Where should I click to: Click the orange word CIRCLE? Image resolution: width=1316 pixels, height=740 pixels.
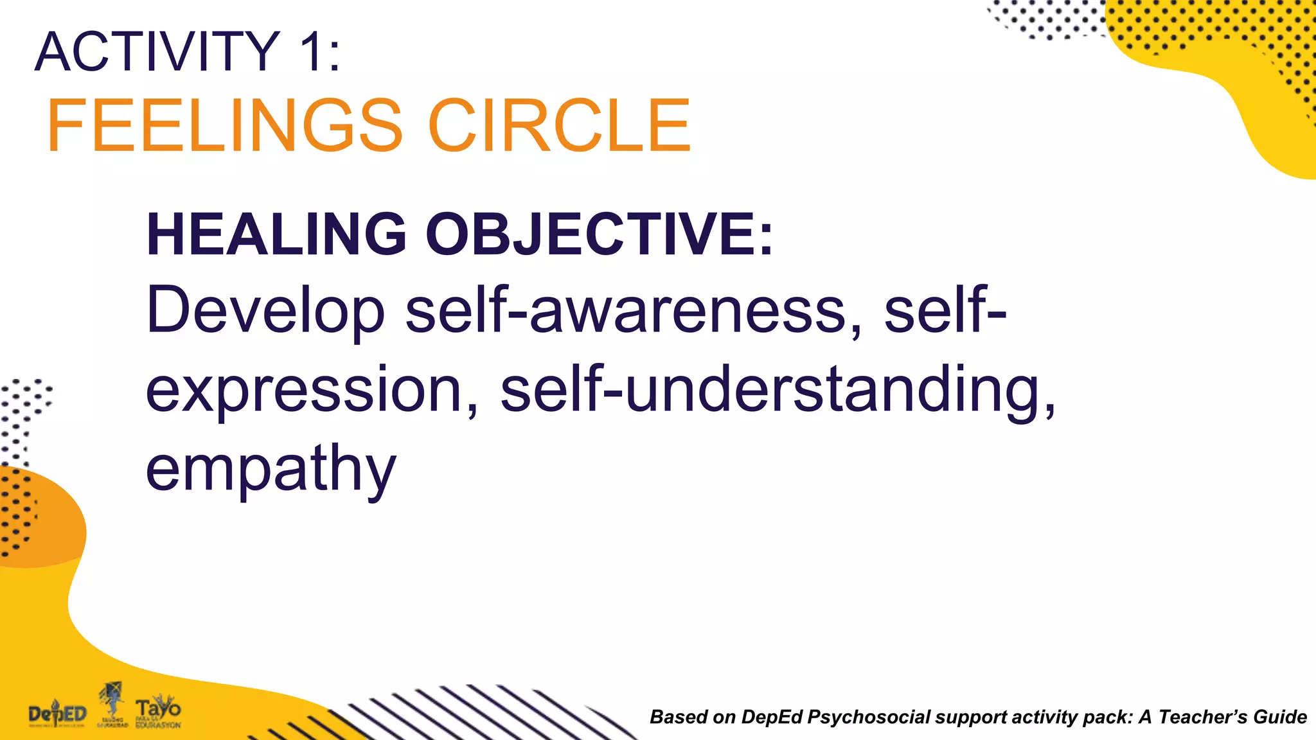click(559, 126)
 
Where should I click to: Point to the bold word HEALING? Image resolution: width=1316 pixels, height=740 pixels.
click(276, 234)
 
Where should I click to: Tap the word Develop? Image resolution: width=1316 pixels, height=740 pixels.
click(265, 312)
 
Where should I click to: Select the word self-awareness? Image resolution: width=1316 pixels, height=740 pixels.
click(633, 312)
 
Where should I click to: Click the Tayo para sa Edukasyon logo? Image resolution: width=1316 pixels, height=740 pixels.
click(158, 712)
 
